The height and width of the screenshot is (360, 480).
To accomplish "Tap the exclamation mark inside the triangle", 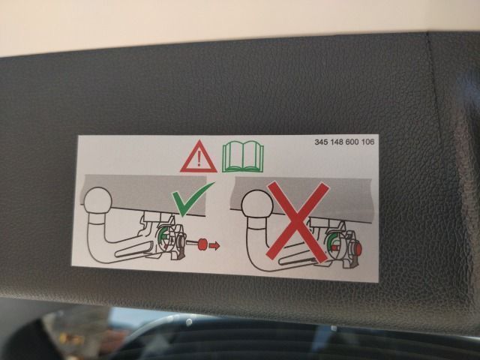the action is coord(199,159).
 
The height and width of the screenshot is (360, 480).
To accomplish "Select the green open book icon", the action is coord(243,157).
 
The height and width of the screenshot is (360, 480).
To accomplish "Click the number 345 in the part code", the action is coord(322,142).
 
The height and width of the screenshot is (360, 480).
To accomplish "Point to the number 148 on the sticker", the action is coord(337,142).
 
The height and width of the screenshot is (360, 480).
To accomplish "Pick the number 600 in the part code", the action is coord(352,142).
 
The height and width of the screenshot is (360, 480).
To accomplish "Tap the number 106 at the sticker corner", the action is coord(367,142).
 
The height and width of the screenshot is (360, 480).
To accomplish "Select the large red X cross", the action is coord(297,222).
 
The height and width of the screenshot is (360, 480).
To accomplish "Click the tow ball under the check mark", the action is coord(98,200).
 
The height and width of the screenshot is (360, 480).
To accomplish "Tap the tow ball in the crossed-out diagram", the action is coord(257,204).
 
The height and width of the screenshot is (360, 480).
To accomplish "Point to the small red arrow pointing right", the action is coord(214,245).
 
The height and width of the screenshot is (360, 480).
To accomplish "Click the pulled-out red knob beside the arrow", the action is coord(202,244).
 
